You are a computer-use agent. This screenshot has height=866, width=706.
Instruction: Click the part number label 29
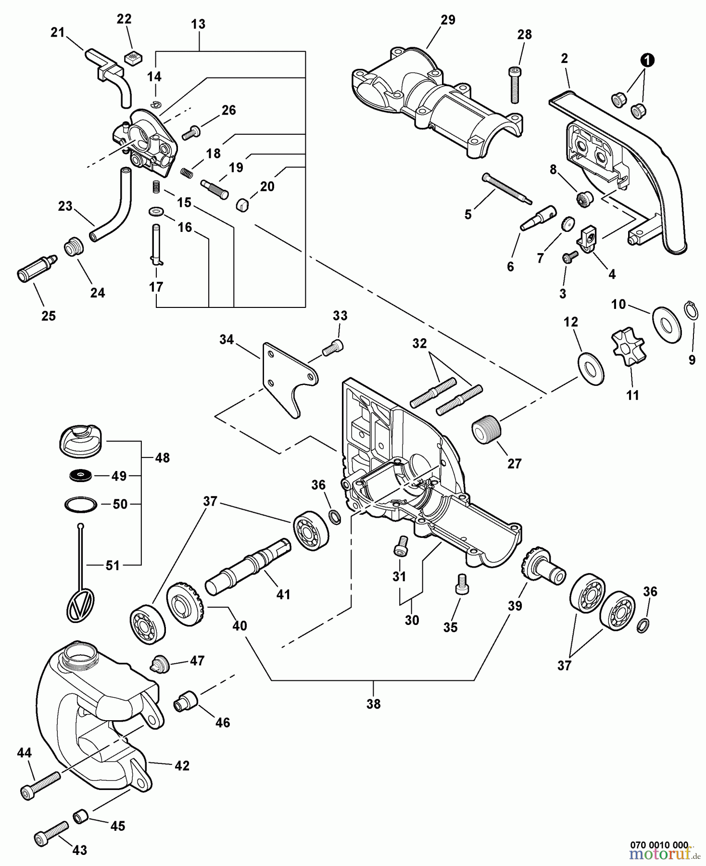point(448,20)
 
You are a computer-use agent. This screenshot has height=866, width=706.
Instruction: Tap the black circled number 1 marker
point(648,60)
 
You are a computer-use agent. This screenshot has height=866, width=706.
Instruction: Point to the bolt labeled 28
point(514,84)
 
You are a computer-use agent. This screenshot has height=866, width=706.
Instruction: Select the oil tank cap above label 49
point(81,439)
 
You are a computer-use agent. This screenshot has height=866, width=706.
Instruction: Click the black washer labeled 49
point(80,476)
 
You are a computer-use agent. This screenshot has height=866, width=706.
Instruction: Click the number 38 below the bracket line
point(373,704)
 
